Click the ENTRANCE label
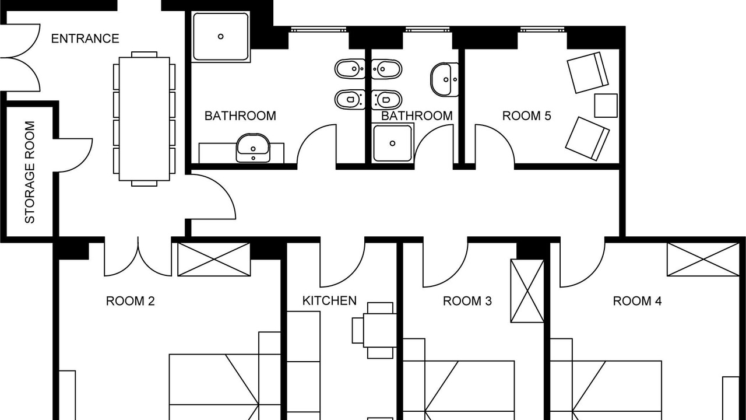click(85, 38)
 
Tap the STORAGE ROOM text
click(30, 172)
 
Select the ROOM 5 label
click(526, 116)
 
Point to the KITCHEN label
click(329, 300)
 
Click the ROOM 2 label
click(130, 302)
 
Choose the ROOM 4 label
click(637, 302)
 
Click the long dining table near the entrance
click(144, 118)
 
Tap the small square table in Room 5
click(606, 106)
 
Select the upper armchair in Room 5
click(588, 72)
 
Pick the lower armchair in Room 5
click(587, 138)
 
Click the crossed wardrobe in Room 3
click(527, 291)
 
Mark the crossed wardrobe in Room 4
click(703, 260)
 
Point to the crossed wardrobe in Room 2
click(214, 260)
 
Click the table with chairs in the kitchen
click(375, 330)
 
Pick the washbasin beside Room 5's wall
click(445, 80)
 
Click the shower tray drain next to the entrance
click(220, 36)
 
